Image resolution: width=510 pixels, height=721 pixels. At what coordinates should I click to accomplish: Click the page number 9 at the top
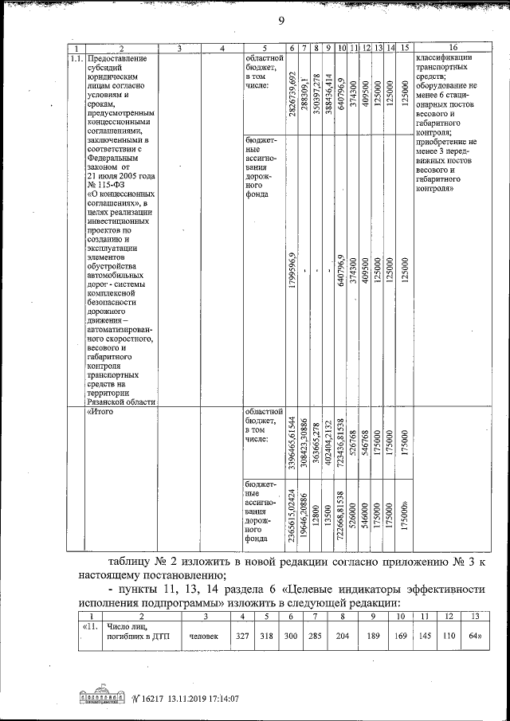(x=280, y=22)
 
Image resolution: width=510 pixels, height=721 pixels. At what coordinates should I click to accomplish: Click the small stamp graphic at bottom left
(x=104, y=698)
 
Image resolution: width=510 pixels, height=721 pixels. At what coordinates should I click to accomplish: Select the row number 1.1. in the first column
(x=76, y=60)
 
